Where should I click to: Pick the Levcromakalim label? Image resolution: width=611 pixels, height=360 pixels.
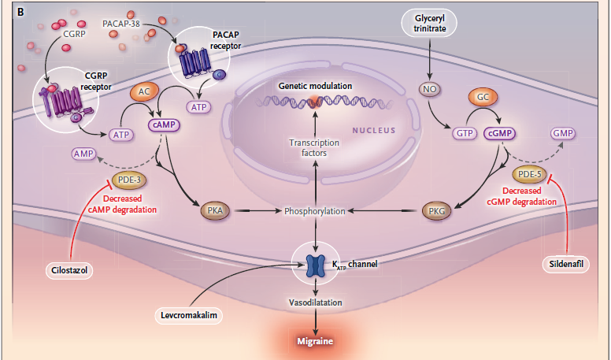tap(186, 315)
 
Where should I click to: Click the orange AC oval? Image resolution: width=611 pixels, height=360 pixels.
tap(144, 91)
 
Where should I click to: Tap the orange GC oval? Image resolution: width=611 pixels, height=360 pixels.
tap(483, 98)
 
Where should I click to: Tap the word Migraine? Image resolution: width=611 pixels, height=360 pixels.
tap(316, 342)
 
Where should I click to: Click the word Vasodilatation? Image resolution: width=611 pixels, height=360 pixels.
tap(316, 302)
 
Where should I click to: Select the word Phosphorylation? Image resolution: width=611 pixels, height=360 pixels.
tap(316, 211)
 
